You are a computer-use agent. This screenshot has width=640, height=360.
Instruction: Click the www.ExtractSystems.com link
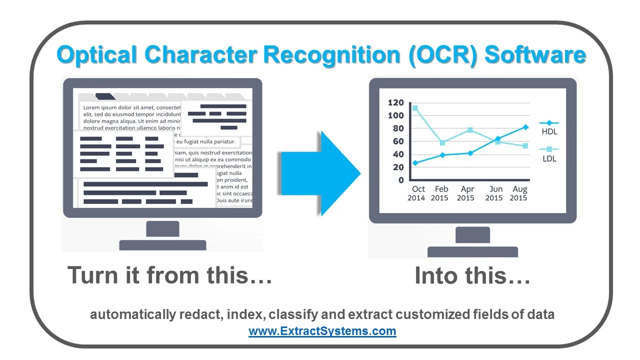[322, 331]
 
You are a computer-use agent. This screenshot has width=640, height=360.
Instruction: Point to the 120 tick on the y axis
[395, 103]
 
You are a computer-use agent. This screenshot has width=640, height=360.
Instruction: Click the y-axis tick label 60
[398, 141]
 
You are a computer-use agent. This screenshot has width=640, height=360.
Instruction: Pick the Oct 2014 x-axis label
[416, 193]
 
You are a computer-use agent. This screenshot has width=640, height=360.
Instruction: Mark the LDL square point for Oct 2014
[415, 108]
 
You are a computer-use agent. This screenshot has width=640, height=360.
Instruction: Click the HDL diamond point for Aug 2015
[525, 127]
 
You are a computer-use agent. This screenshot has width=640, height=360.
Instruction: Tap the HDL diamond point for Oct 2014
[415, 163]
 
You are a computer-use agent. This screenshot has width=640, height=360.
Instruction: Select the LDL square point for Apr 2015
[470, 130]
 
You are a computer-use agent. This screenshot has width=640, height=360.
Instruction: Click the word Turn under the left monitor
[90, 275]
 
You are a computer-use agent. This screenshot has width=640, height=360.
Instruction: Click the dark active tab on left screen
[105, 96]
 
